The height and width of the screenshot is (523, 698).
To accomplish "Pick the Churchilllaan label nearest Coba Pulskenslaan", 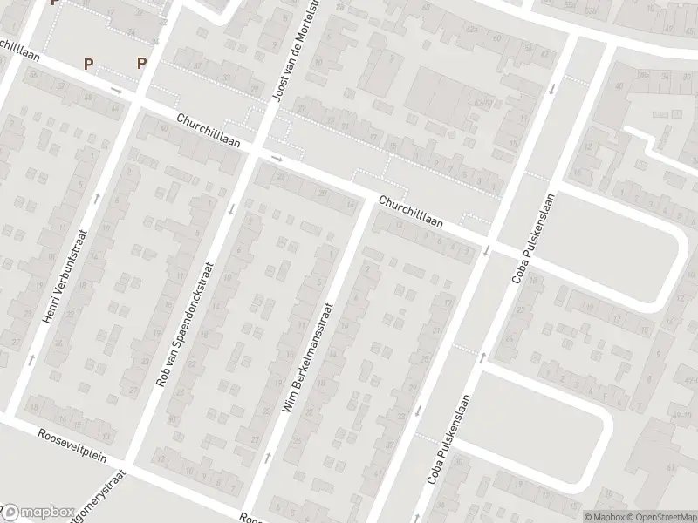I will coord(410,212).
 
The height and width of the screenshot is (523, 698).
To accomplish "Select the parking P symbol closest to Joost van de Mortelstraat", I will coord(141,63).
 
